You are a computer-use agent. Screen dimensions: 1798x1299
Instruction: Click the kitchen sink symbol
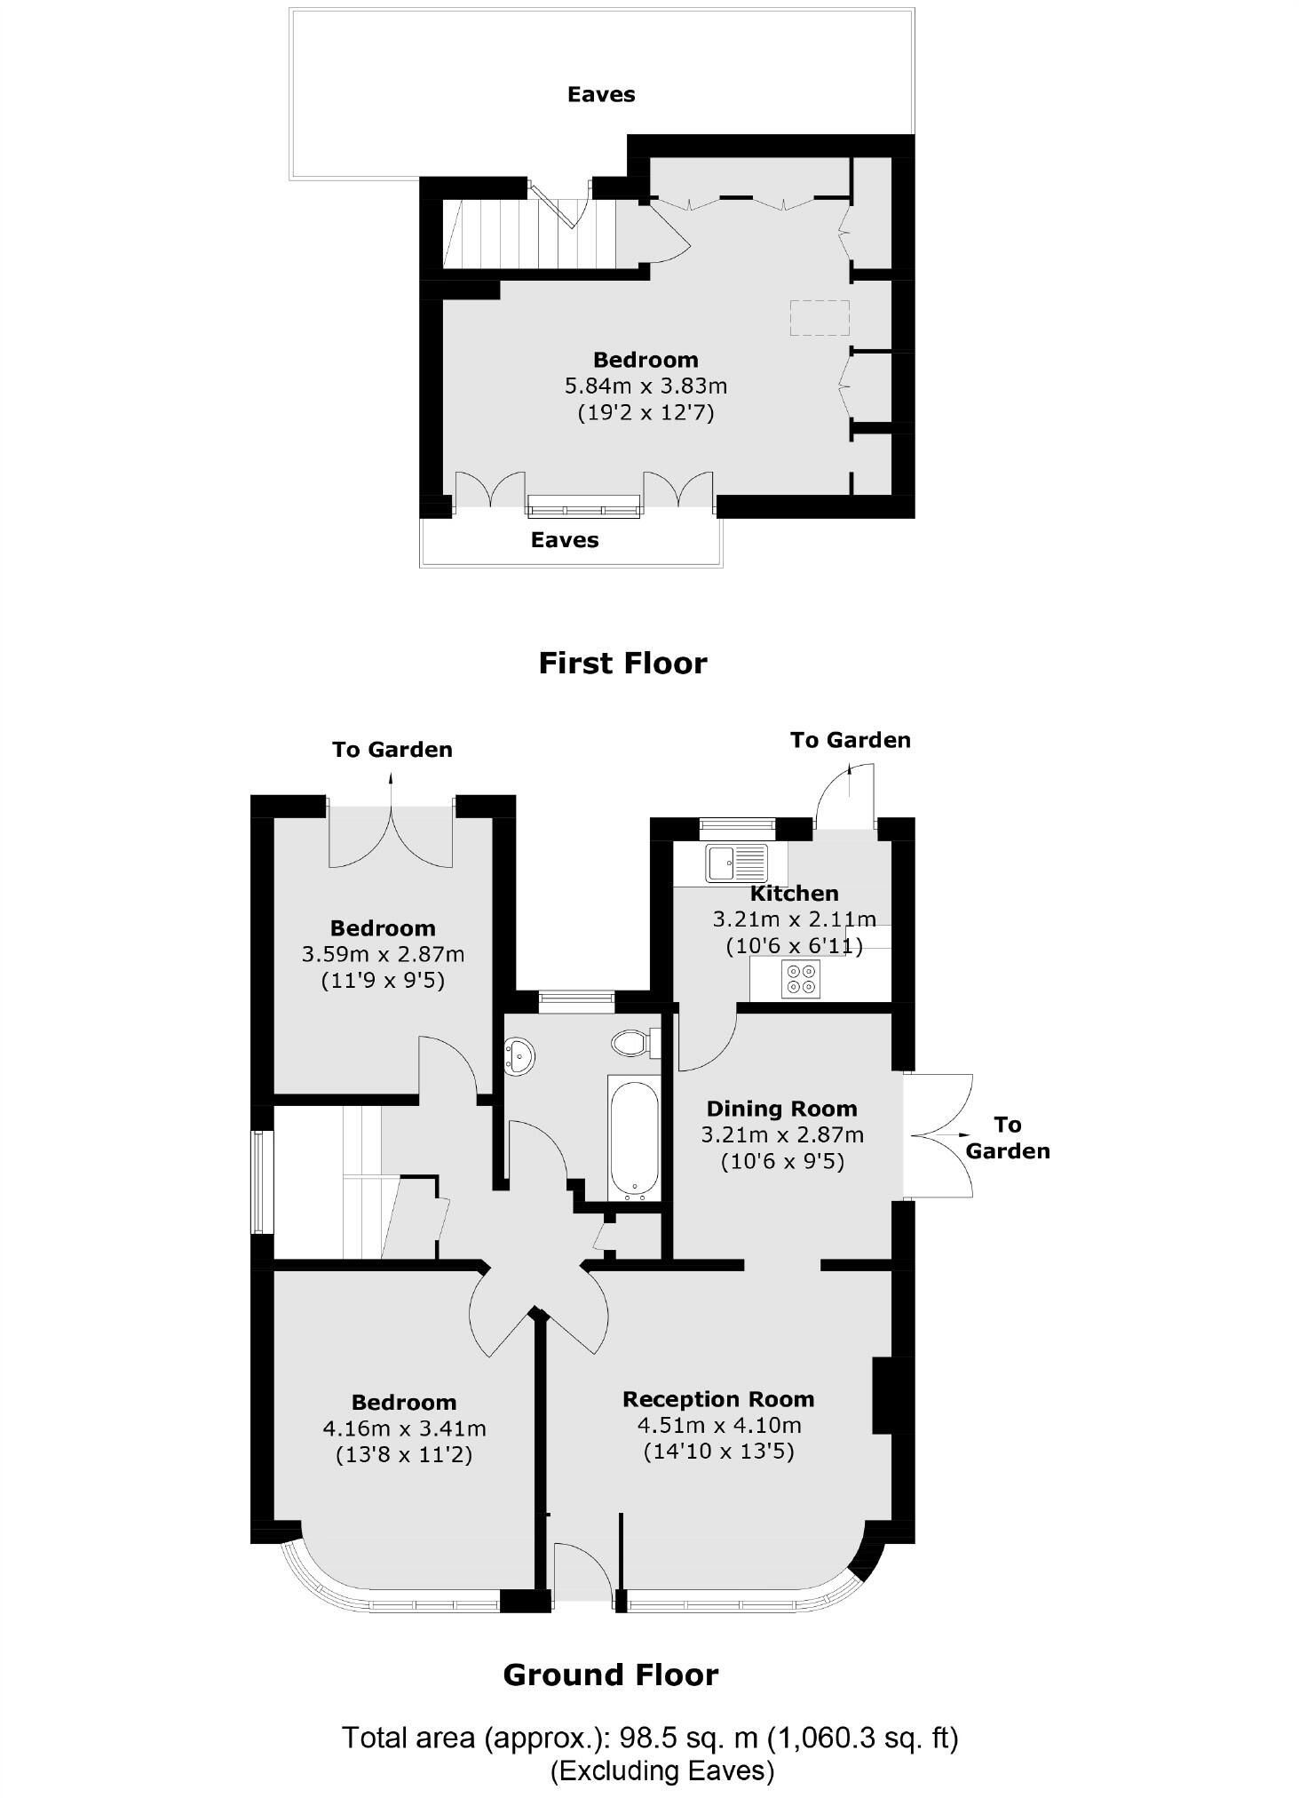736,863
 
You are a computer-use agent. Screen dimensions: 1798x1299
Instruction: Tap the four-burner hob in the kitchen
800,978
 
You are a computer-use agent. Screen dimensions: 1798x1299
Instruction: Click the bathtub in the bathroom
634,1138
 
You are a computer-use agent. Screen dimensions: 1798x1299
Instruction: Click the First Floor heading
622,664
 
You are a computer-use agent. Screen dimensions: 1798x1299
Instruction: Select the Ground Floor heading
610,1675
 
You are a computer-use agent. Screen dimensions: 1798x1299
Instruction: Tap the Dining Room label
781,1109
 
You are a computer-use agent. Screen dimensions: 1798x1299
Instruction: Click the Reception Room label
718,1399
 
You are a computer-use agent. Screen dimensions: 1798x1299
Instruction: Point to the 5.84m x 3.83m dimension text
646,386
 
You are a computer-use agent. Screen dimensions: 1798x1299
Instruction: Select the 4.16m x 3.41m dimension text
404,1428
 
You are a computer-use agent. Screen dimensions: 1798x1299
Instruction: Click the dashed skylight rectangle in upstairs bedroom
820,317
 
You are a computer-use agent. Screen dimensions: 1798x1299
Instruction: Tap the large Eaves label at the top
601,94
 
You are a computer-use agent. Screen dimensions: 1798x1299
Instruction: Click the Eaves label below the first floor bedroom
565,540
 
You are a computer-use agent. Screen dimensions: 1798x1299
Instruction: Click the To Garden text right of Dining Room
1007,1138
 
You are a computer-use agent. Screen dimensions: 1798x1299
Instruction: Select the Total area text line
650,1737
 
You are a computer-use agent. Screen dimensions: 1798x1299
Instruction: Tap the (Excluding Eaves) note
662,1770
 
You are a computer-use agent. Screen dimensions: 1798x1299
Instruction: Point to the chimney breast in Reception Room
881,1395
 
